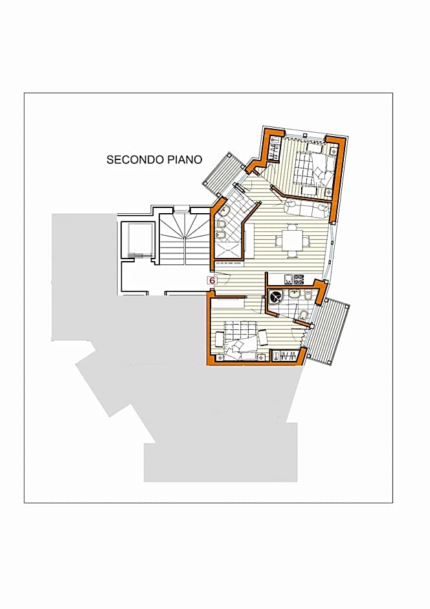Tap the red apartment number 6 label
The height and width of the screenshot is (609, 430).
pyautogui.click(x=212, y=280)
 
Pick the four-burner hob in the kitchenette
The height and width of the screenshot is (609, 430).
pyautogui.click(x=299, y=280)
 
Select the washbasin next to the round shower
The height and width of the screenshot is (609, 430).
pyautogui.click(x=295, y=295)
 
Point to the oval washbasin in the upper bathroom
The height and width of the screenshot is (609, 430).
pyautogui.click(x=226, y=211)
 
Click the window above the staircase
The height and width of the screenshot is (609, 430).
pyautogui.click(x=182, y=209)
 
